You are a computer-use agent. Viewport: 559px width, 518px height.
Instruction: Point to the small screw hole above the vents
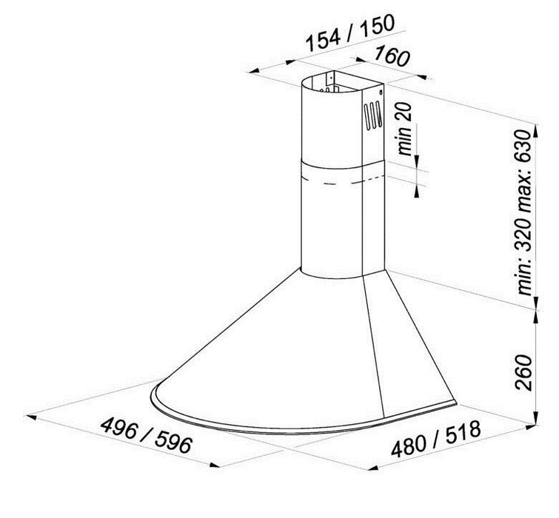coord(379,94)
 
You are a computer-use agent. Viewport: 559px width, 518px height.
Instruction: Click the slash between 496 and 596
coord(147,437)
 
